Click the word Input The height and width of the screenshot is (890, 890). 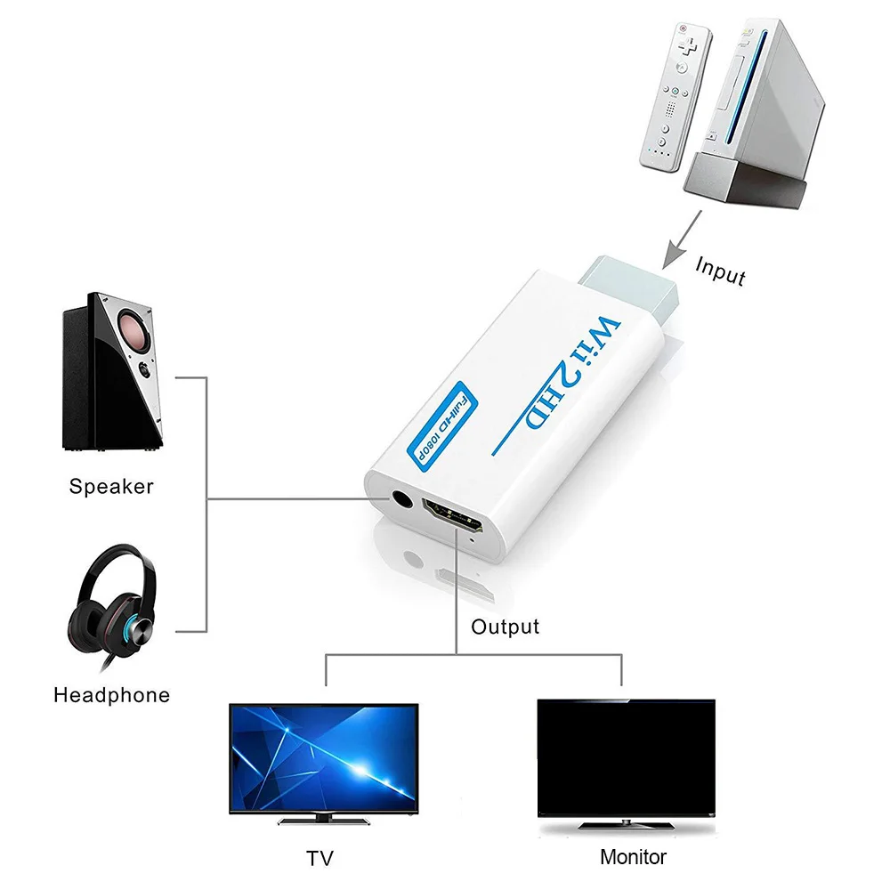coord(720,271)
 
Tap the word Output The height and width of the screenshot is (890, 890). coord(505,627)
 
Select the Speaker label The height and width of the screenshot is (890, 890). coord(111,487)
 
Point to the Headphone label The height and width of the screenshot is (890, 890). coord(111,695)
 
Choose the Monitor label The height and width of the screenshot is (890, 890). coord(633,857)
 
